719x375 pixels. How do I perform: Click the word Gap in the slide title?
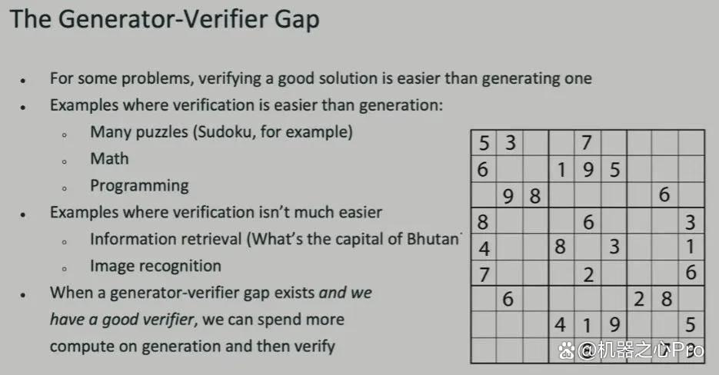point(296,21)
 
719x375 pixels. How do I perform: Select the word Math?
point(110,158)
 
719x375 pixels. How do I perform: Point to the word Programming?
point(139,186)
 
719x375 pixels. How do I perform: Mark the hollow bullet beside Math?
point(65,161)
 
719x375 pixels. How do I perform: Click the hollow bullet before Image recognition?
point(65,269)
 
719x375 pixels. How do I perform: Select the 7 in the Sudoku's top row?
point(587,143)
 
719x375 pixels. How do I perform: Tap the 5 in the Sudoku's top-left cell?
point(484,143)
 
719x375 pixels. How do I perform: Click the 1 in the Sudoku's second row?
point(561,170)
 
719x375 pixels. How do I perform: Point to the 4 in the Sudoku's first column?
point(484,248)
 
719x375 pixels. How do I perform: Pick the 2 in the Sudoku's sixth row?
point(589,274)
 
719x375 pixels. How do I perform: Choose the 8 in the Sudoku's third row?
point(534,196)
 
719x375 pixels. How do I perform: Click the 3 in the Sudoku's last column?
point(691,222)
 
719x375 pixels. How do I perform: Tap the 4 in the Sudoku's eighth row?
point(560,325)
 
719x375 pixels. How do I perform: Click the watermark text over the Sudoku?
point(631,350)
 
